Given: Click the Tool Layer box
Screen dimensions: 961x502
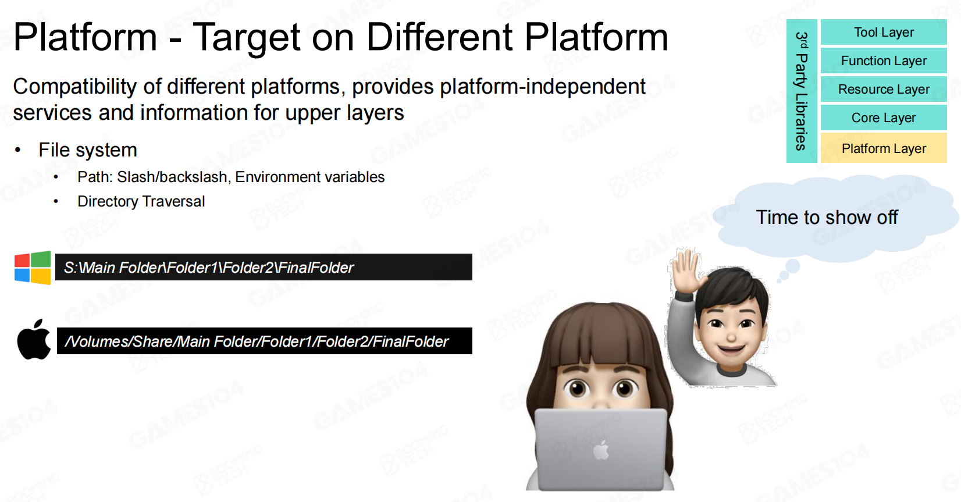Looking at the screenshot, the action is pos(884,32).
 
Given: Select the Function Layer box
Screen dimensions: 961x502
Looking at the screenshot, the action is pos(884,60).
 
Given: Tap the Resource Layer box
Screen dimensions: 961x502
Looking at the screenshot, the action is pos(884,89).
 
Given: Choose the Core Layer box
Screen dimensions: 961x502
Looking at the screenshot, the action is pos(884,118).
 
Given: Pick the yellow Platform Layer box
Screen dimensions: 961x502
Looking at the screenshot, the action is pos(884,148).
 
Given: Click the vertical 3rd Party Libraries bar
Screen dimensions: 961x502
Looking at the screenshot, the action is pos(802,91).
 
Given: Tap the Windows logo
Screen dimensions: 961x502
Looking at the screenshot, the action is pos(33,268).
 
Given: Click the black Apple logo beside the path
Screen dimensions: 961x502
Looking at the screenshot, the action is pos(34,339).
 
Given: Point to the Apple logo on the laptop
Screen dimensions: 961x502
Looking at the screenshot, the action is pos(601,450).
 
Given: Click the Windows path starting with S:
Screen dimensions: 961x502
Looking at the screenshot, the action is pos(209,268).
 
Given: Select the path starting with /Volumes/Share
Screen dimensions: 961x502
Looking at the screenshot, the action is pos(257,341).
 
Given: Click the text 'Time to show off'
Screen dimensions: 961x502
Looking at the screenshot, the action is pos(827,218).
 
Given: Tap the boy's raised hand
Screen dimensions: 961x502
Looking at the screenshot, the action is pos(687,271).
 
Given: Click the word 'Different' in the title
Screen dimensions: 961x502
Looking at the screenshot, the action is pos(439,37).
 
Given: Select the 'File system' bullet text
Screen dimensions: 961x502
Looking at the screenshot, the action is pos(88,150).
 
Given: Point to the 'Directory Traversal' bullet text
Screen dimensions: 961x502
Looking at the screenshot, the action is pos(141,201).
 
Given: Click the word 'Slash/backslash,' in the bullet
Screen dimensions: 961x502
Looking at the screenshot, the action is pos(174,177).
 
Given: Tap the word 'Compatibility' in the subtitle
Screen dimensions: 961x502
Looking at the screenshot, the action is pos(75,87).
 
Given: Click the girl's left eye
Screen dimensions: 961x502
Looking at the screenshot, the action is pos(577,389).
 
